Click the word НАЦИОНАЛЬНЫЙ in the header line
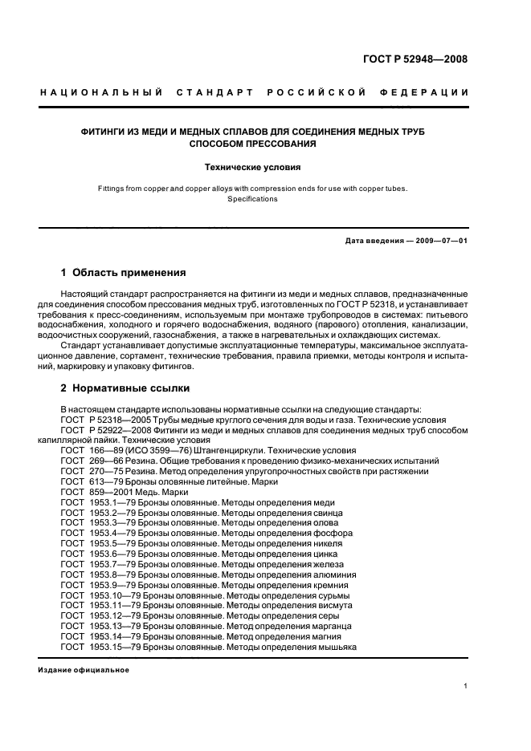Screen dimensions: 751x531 (x=102, y=93)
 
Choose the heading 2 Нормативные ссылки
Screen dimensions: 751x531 (x=125, y=388)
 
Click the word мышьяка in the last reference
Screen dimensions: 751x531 (x=337, y=647)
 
